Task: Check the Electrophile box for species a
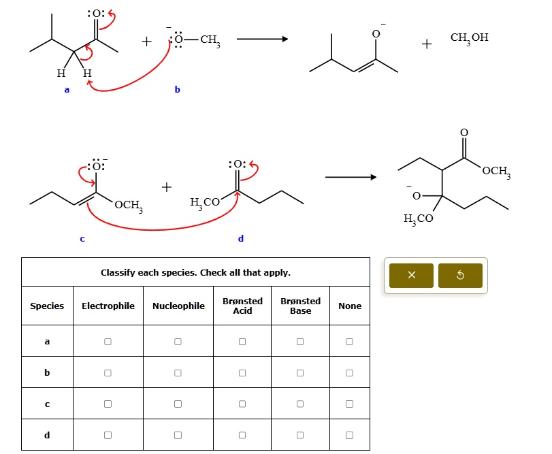pos(108,342)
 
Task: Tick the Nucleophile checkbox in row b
pos(178,373)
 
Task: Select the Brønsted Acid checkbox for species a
pos(242,342)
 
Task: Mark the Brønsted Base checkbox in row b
pos(300,373)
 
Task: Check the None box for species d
pos(349,435)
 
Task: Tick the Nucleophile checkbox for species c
pos(178,404)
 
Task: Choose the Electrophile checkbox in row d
pos(108,435)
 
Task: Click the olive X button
pos(411,275)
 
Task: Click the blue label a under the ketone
pos(67,90)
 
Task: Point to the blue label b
pos(178,89)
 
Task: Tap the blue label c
pos(82,239)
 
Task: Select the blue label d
pos(241,238)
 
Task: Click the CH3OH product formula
pos(469,38)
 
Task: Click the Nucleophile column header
pos(178,306)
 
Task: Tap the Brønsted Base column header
pos(300,306)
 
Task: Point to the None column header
pos(350,306)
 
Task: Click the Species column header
pos(47,306)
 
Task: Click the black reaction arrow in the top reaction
pos(262,39)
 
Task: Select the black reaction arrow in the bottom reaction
pos(351,177)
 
